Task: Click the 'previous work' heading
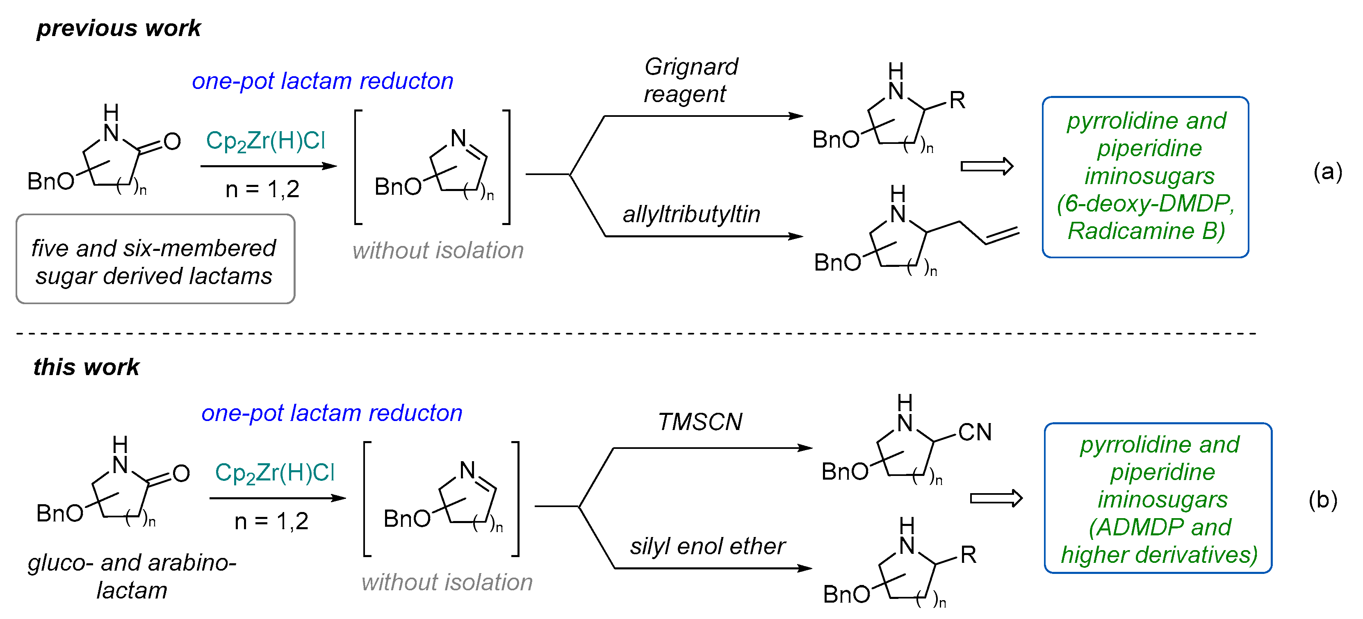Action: coord(119,28)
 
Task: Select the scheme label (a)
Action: coord(1328,172)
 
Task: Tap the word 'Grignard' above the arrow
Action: coord(691,67)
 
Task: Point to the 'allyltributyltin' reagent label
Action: coord(691,215)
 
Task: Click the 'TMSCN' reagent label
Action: coord(700,422)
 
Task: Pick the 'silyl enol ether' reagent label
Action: coord(707,546)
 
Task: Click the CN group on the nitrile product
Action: coord(975,432)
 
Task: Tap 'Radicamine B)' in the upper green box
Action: coord(1146,231)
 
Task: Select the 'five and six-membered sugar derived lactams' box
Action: coord(155,259)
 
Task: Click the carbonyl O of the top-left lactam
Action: coord(172,142)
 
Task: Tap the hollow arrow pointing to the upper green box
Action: coord(986,167)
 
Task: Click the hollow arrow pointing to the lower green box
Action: coord(996,498)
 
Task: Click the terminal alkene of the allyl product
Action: coord(1002,237)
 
